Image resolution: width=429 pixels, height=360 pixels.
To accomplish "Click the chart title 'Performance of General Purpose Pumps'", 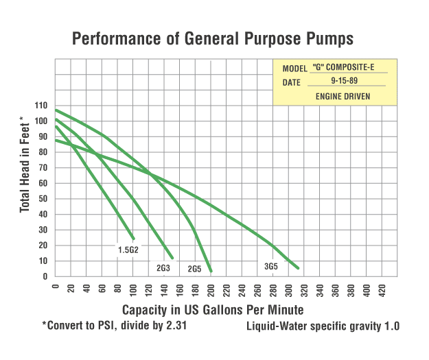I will pos(213,38).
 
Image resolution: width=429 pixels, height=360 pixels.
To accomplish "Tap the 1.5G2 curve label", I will pos(128,250).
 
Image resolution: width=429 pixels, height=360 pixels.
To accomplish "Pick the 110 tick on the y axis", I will pos(43,106).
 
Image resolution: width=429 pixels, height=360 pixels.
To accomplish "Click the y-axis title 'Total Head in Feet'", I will pos(25,164).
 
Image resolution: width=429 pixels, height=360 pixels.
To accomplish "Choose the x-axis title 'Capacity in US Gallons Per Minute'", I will pos(213,310).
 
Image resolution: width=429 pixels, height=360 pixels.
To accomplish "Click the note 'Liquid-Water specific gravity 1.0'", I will pos(323,326).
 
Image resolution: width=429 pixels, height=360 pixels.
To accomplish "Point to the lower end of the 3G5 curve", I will pos(298,268).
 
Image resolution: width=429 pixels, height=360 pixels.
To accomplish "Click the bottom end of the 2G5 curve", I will pos(210,272).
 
